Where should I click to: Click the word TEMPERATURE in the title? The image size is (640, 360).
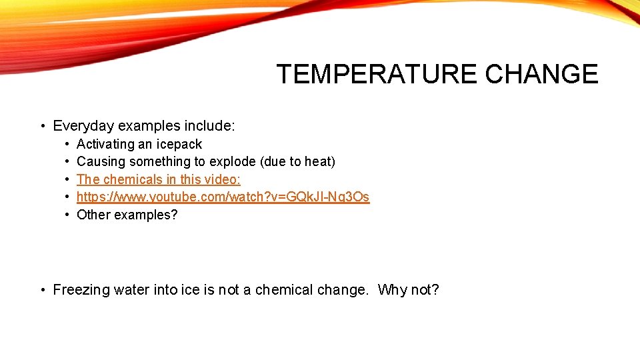(377, 74)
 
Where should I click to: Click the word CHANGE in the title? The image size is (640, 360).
(541, 74)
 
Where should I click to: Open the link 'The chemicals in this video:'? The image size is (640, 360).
(159, 179)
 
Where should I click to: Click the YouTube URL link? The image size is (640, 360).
(223, 197)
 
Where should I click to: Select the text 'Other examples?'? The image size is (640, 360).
(127, 215)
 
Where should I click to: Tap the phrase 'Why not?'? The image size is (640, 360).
(408, 290)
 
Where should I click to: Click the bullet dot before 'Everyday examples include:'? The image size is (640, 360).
(42, 126)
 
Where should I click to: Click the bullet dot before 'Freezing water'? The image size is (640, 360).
(42, 290)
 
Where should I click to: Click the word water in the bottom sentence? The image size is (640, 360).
(131, 290)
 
